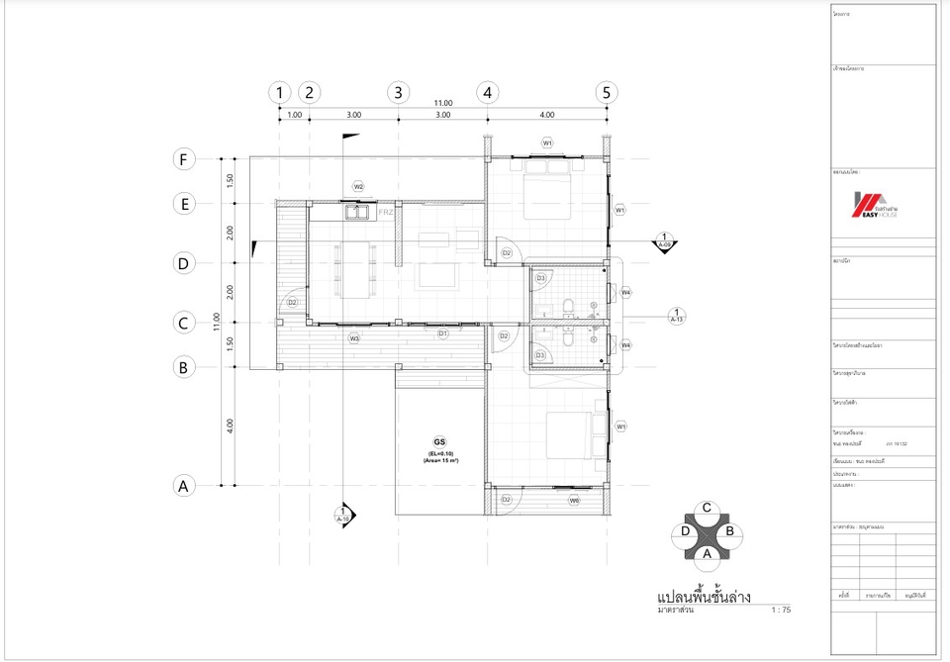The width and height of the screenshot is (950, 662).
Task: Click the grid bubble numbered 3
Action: point(398,92)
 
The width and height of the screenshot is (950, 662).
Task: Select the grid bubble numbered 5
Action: point(607,92)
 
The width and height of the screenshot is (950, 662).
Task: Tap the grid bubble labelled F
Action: point(182,158)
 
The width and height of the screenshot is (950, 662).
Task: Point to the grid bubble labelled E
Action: point(182,204)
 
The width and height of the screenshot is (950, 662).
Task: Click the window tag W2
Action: point(358,186)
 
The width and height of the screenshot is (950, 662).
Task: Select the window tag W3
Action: point(353,338)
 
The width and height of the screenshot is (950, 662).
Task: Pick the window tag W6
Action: point(573,501)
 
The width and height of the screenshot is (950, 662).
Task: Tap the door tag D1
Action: point(443,333)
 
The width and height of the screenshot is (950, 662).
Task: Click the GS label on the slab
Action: point(438,441)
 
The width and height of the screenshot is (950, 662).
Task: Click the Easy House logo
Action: point(877,205)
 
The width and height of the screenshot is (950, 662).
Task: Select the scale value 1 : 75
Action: point(781,611)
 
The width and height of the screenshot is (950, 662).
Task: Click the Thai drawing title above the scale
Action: point(704,597)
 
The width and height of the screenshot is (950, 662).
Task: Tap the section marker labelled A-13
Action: point(678,316)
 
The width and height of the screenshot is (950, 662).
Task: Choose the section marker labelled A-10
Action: point(343,515)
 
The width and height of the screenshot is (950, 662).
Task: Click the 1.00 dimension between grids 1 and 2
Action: point(294,115)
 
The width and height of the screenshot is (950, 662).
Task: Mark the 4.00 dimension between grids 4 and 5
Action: point(546,115)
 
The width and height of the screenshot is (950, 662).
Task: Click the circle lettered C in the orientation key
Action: point(707,508)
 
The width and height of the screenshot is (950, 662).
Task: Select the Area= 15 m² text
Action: point(438,461)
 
